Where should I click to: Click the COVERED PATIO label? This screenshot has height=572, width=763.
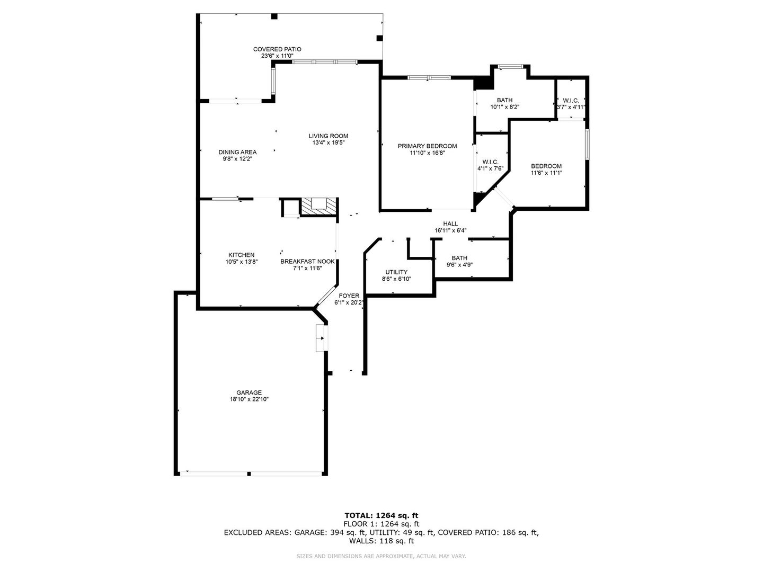[277, 49]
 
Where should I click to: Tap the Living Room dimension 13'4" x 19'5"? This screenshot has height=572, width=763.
[328, 142]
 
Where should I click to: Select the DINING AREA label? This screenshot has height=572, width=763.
[237, 152]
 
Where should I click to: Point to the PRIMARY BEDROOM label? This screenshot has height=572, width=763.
[427, 146]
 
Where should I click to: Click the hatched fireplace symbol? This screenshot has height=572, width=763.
[319, 207]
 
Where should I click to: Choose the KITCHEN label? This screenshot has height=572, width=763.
[241, 255]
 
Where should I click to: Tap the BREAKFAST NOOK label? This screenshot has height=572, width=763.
[307, 261]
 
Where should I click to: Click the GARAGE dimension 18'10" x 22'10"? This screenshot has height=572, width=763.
[249, 399]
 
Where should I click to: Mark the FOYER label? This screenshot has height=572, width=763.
[349, 296]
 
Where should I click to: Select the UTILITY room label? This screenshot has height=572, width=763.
[396, 272]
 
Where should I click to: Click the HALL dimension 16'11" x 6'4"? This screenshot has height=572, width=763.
[450, 230]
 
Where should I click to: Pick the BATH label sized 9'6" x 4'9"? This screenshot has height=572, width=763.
[459, 258]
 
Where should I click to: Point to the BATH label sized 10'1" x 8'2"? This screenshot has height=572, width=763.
[505, 101]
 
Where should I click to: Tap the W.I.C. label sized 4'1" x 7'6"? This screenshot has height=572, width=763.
[490, 162]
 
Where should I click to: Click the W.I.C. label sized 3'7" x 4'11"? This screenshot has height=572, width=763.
[571, 101]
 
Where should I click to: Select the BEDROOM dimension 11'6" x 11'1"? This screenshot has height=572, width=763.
[546, 173]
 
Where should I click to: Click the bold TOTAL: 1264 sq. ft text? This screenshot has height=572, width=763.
[381, 515]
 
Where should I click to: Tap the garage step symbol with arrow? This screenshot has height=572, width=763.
[322, 338]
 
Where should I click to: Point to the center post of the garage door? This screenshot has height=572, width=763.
[249, 473]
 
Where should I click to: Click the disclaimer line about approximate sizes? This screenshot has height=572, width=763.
[381, 556]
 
